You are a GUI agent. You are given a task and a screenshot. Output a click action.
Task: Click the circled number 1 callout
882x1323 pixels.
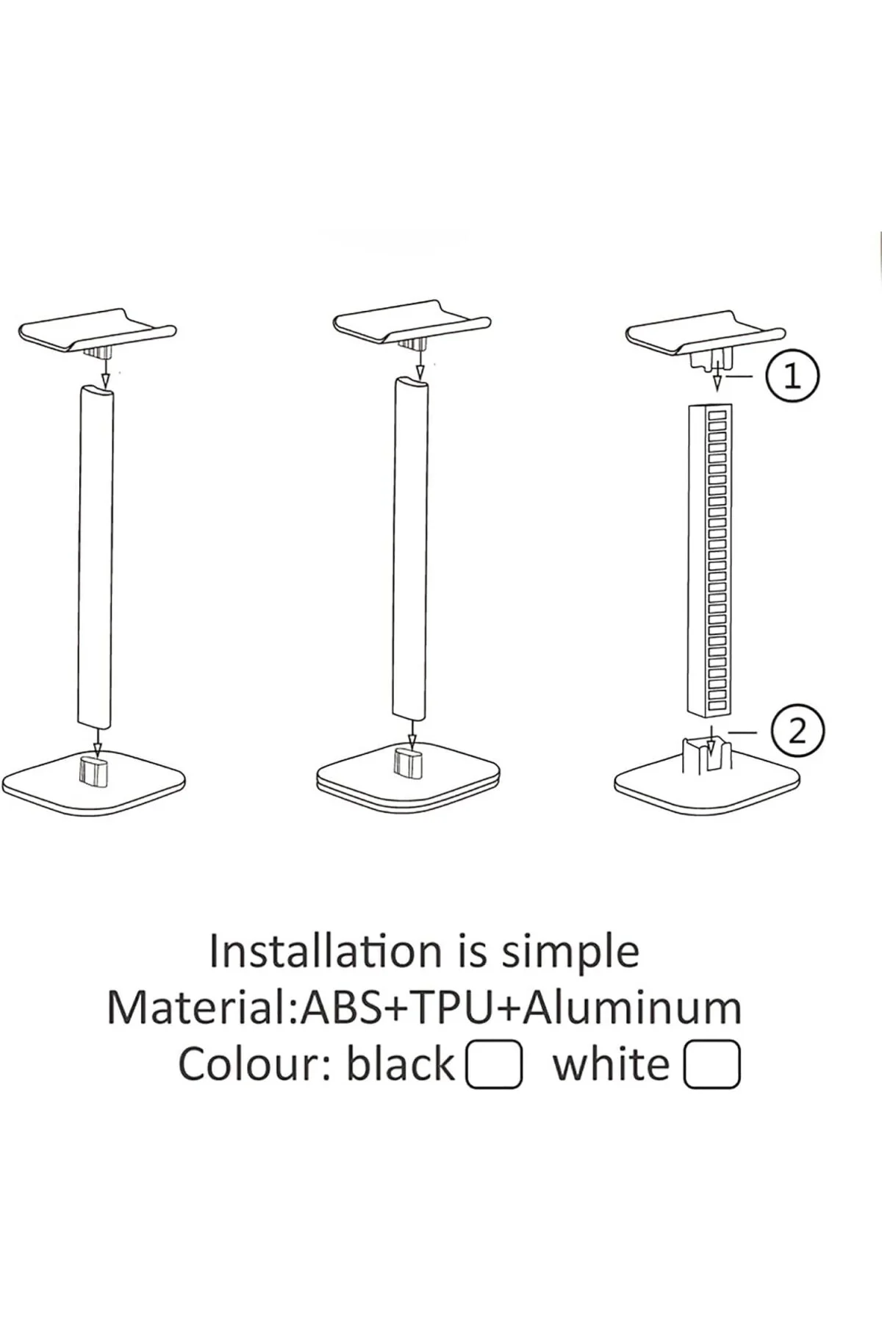[x=792, y=376]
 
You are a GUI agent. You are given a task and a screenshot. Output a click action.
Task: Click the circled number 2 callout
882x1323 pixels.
[x=797, y=732]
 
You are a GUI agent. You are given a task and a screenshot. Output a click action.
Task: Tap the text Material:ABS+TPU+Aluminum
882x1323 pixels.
[x=424, y=1008]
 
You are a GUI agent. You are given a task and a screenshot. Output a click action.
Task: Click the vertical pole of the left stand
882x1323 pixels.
[x=96, y=558]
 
